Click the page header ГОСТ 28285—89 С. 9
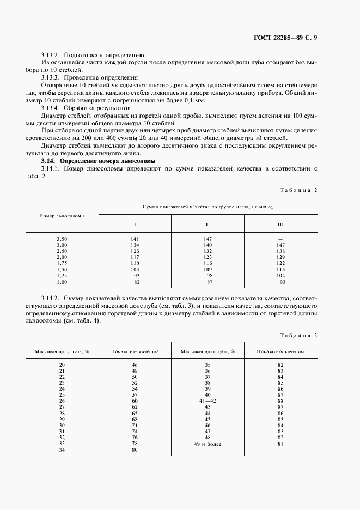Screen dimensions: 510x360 click(x=289, y=38)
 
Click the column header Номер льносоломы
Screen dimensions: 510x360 click(x=62, y=216)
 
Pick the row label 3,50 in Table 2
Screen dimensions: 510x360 click(x=62, y=239)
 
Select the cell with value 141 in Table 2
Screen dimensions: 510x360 click(x=135, y=239)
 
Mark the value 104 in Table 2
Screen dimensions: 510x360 click(x=281, y=277)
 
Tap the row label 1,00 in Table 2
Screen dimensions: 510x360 click(x=62, y=283)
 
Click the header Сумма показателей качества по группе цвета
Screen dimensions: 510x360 click(x=208, y=207)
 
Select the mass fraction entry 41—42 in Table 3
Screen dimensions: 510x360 click(x=208, y=400)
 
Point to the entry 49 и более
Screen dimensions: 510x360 click(x=208, y=444)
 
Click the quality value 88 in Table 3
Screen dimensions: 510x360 click(x=281, y=400)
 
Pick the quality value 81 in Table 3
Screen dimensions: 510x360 click(x=281, y=444)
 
